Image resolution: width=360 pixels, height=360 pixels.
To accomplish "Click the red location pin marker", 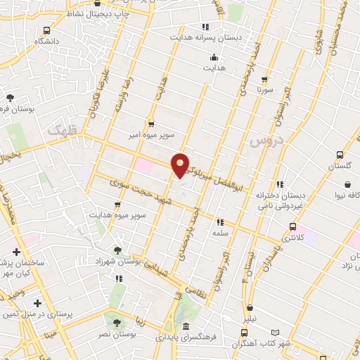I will pyautogui.click(x=181, y=164).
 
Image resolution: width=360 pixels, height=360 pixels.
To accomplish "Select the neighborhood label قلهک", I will pyautogui.click(x=63, y=130).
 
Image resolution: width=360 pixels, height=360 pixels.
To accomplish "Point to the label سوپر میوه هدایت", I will pyautogui.click(x=117, y=214).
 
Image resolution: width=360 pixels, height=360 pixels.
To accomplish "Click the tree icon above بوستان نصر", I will pyautogui.click(x=117, y=323).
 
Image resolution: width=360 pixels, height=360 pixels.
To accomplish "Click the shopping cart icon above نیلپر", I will pyautogui.click(x=250, y=307).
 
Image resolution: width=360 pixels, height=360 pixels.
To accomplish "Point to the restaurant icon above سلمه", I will pyautogui.click(x=220, y=221).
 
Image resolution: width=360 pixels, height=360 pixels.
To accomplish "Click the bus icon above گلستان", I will pyautogui.click(x=340, y=155).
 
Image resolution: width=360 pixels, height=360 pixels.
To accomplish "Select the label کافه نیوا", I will pyautogui.click(x=345, y=195).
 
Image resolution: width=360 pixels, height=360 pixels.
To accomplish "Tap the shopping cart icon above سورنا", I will pyautogui.click(x=264, y=79).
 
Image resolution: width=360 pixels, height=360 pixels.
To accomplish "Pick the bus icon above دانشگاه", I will pyautogui.click(x=46, y=30).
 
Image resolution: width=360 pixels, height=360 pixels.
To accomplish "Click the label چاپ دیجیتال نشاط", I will pyautogui.click(x=103, y=13).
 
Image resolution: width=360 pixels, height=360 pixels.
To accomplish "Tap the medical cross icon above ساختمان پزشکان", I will pyautogui.click(x=15, y=251).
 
